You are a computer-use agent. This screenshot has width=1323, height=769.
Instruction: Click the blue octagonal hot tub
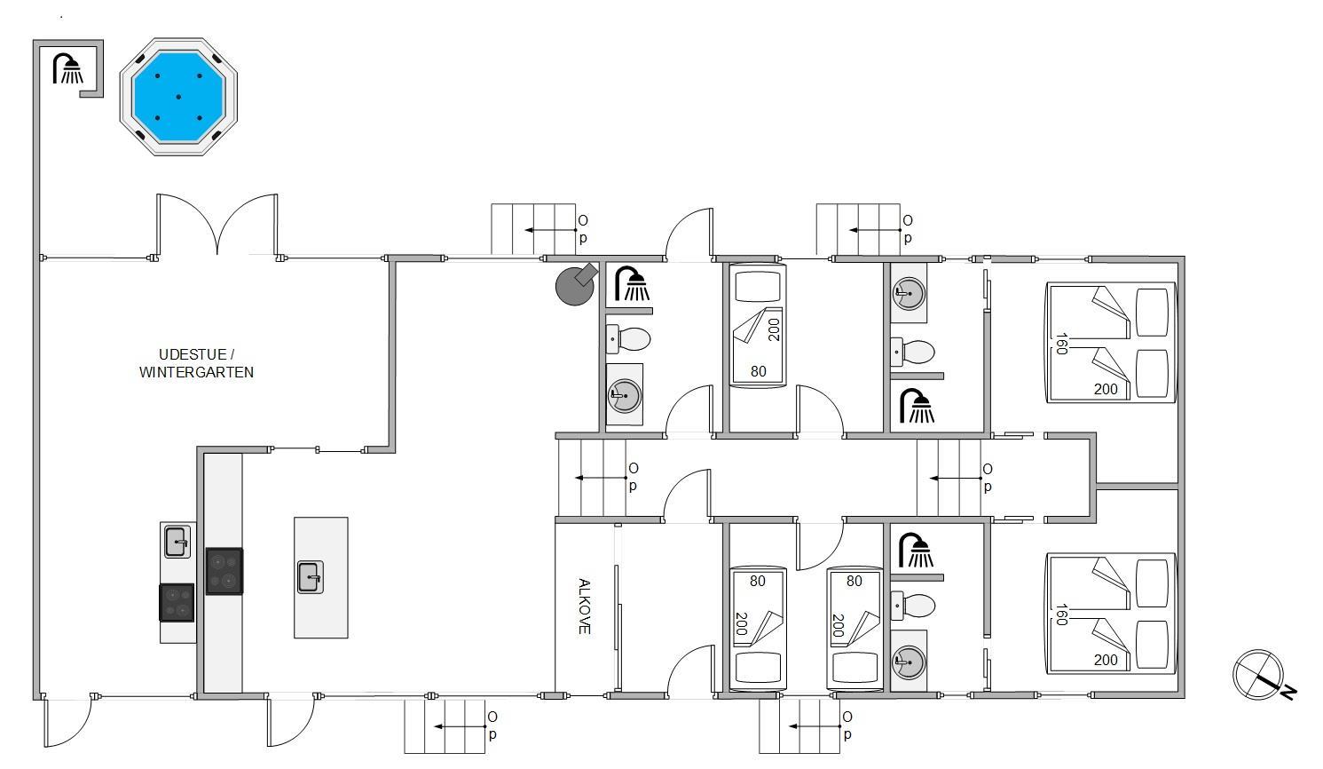coord(178,97)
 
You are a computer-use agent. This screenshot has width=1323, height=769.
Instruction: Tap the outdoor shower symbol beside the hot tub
coord(68,68)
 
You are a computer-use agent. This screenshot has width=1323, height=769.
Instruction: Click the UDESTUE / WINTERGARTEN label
coord(197,363)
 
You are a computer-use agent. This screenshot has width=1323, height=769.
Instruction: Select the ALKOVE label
coord(584,606)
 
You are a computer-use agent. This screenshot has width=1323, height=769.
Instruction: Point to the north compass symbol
coord(1261,676)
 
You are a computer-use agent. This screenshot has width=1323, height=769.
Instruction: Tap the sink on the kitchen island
coord(310,577)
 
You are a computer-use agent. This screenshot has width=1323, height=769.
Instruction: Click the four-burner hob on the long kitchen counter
coord(224,571)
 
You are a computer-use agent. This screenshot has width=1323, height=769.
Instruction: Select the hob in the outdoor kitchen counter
coord(177,602)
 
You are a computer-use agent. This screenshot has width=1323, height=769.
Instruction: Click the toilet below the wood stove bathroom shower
coord(628,339)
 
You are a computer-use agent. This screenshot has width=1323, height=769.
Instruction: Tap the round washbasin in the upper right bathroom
coord(910,293)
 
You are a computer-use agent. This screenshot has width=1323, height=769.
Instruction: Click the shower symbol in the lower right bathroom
coord(916,551)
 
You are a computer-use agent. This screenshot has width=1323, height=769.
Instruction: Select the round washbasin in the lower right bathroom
coord(909,662)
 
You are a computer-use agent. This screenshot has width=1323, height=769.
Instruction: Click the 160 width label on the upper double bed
coord(1061,344)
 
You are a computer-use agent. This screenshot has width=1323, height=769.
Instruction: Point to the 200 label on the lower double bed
coord(1106,660)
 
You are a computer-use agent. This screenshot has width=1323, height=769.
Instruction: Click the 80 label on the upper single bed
coord(759,371)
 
